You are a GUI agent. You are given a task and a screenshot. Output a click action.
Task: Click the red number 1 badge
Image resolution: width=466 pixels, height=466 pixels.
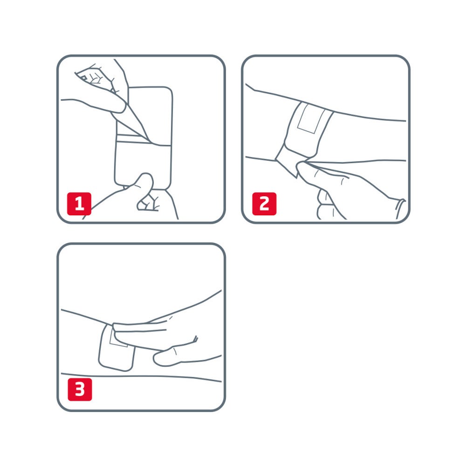79,204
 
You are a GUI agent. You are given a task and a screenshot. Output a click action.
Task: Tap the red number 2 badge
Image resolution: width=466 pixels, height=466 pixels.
264,204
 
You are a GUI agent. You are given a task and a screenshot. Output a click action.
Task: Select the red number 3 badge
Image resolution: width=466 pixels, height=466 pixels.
80,389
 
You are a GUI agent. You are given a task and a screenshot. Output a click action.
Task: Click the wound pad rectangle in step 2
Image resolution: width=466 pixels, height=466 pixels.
310,118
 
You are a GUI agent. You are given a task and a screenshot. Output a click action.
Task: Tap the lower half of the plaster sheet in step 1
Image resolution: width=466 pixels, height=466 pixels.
143,164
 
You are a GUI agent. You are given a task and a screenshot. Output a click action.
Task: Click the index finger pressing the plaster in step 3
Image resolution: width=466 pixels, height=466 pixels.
140,330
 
